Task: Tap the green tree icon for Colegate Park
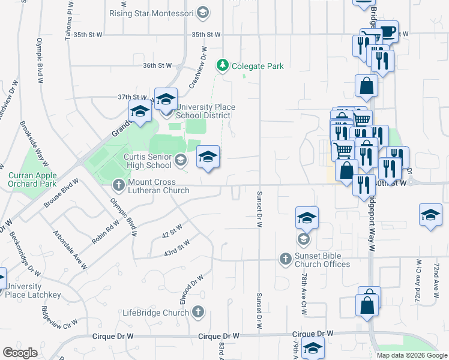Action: (223, 64)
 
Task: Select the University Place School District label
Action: (203, 111)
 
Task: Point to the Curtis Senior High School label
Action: (147, 160)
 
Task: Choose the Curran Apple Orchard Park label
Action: (32, 180)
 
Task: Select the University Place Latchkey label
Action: (24, 290)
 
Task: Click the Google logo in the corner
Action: (20, 353)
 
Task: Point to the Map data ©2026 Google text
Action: (411, 355)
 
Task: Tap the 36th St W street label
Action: (157, 65)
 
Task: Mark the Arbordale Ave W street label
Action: (71, 250)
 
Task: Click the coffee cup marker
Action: (387, 31)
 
